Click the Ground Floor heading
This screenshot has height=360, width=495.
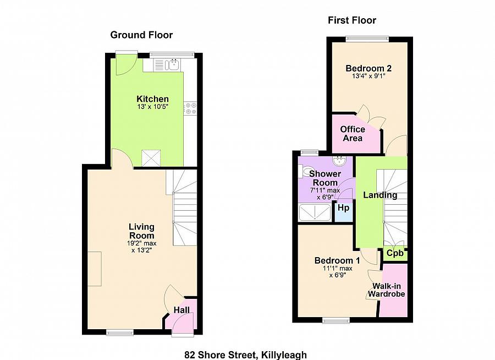tap(141, 35)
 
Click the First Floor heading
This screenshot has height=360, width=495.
tap(352, 20)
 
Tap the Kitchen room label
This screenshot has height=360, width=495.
tap(152, 99)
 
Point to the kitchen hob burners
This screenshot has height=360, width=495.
tap(190, 108)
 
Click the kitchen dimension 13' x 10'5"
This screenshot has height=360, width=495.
tap(152, 107)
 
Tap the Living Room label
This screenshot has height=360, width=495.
tap(141, 231)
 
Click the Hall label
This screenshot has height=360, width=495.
tap(182, 310)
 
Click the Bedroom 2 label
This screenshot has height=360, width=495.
tap(369, 69)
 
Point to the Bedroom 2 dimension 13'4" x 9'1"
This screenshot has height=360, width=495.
tap(369, 77)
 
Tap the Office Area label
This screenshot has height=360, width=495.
tap(353, 134)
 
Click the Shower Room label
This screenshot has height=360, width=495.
tap(324, 178)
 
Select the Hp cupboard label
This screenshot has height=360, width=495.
tap(343, 208)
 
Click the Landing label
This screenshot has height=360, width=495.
tap(380, 195)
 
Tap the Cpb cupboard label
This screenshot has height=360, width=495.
tap(395, 253)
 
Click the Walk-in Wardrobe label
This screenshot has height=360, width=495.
tap(386, 290)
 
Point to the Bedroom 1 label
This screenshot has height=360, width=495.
tap(337, 260)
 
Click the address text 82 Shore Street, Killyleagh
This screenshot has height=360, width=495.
tap(245, 355)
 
